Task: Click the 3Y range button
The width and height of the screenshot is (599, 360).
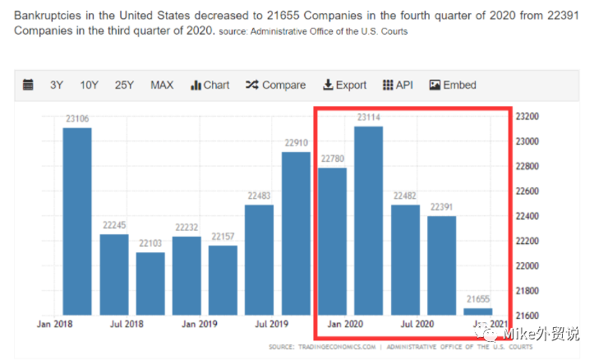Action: point(56,85)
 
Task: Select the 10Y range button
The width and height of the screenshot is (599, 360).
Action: point(89,85)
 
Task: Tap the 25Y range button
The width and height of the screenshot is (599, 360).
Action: point(124,85)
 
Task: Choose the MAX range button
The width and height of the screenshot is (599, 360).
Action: point(162,85)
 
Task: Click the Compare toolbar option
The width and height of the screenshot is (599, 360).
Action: point(275,85)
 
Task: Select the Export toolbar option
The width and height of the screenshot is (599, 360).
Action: point(344,85)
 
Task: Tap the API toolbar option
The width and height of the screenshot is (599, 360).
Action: point(398,85)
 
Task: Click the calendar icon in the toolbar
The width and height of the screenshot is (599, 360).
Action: point(28,85)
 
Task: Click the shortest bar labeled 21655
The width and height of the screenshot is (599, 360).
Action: point(477,312)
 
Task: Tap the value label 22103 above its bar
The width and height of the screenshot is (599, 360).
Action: point(150,243)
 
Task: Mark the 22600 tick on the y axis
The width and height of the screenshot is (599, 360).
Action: point(528,192)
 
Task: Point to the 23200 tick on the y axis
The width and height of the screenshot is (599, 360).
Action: point(528,117)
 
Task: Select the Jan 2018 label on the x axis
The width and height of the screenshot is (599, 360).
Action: point(54,324)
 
